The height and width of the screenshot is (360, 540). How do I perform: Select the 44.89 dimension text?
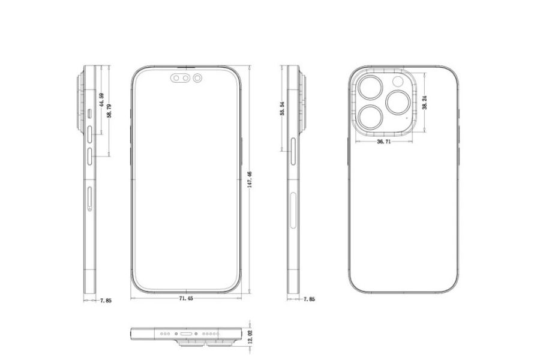[x=102, y=99]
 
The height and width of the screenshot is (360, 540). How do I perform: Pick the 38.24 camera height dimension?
[x=424, y=102]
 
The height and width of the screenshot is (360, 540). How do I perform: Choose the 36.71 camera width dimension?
[x=384, y=142]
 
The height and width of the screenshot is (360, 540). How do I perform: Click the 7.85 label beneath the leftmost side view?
[x=105, y=298]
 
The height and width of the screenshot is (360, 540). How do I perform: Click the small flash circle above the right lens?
[x=397, y=82]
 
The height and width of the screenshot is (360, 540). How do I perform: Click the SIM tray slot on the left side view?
[x=89, y=198]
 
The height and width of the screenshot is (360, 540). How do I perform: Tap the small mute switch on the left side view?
[x=89, y=112]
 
